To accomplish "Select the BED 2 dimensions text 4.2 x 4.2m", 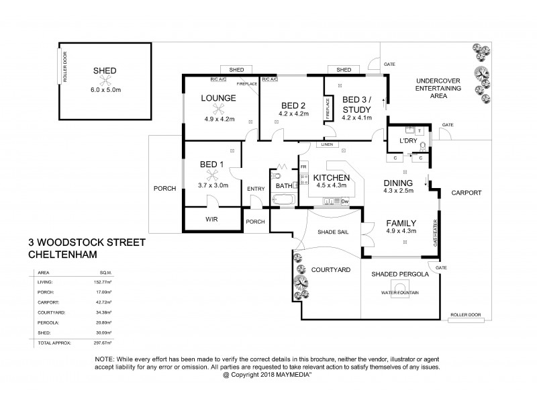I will (293, 114).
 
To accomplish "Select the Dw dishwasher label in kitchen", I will (344, 201).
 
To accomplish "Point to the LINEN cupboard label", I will (327, 144).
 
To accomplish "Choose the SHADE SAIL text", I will (331, 232).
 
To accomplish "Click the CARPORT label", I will (467, 193).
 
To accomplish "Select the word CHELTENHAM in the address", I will (63, 255).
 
